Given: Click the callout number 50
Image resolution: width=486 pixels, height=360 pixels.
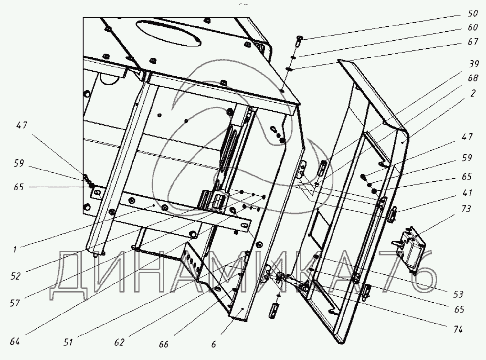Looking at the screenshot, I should click(473, 13).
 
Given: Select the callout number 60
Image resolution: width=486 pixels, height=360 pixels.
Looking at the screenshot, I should click(473, 27).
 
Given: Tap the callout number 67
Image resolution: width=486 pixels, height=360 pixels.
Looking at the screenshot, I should click(473, 42).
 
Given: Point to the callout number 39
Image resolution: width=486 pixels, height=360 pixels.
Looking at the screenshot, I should click(474, 64).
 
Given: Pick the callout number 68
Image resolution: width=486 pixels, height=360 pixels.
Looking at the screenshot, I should click(473, 78).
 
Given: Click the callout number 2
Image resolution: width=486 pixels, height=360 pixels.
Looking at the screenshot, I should click(473, 93).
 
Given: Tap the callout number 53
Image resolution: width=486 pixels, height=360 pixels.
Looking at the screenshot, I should click(459, 294).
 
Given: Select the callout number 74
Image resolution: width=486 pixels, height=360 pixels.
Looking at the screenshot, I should click(458, 329).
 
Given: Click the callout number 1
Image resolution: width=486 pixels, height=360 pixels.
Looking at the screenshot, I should click(15, 249).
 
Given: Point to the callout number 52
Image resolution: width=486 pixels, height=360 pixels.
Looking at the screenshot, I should click(15, 276).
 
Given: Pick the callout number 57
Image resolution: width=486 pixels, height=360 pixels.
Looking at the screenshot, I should click(15, 303).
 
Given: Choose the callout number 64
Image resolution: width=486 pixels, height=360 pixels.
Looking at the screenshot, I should click(15, 341).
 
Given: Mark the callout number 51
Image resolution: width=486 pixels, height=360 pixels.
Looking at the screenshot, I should click(68, 342).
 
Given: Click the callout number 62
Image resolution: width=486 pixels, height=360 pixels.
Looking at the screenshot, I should click(119, 342).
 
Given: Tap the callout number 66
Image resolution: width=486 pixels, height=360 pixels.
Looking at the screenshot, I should click(164, 344).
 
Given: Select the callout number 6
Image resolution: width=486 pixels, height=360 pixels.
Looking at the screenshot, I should click(213, 344).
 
